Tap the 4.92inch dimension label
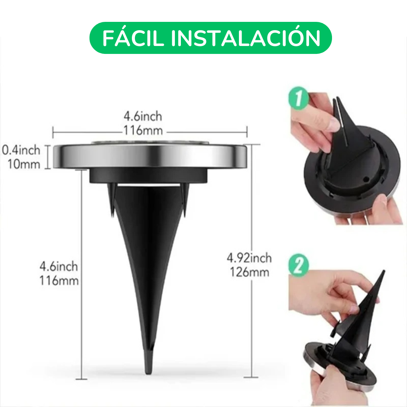[249, 258]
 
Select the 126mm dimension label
[249, 272]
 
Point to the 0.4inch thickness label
[21, 150]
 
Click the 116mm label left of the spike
[59, 280]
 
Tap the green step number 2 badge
[298, 266]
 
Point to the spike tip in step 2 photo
[383, 272]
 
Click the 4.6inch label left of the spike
[59, 266]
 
